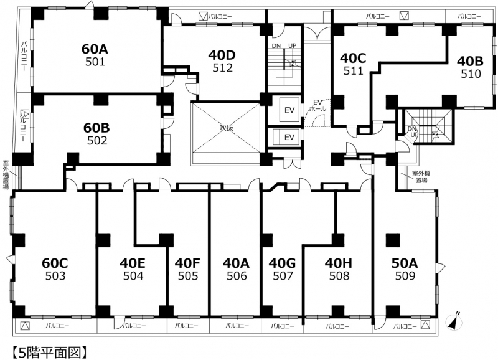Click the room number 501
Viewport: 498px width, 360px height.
pyautogui.click(x=95, y=62)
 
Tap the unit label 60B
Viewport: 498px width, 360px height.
pyautogui.click(x=96, y=128)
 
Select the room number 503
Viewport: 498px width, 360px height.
pyautogui.click(x=55, y=276)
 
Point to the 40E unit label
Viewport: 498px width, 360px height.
pyautogui.click(x=133, y=263)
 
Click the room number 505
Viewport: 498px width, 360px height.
pyautogui.click(x=188, y=276)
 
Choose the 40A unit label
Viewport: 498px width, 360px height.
pyautogui.click(x=236, y=263)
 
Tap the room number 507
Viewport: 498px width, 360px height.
pyautogui.click(x=283, y=276)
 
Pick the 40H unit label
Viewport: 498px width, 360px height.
pyautogui.click(x=339, y=263)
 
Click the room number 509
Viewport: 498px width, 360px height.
pyautogui.click(x=405, y=276)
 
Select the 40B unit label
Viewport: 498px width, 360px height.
pyautogui.click(x=470, y=61)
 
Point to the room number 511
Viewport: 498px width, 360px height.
pyautogui.click(x=353, y=71)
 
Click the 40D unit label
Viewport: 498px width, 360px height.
pyautogui.click(x=222, y=55)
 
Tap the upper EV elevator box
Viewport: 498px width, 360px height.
pyautogui.click(x=289, y=110)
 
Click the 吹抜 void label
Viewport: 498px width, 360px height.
pyautogui.click(x=227, y=128)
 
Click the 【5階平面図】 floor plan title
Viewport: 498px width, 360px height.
pyautogui.click(x=50, y=352)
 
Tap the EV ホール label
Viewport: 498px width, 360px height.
pyautogui.click(x=317, y=105)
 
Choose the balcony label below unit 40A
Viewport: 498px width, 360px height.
pyautogui.click(x=237, y=326)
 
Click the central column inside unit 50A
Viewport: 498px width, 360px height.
pyautogui.click(x=393, y=240)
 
